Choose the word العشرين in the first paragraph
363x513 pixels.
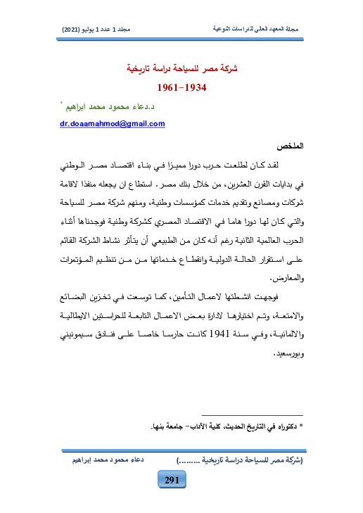[243, 186]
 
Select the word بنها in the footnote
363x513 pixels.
[159, 426]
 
